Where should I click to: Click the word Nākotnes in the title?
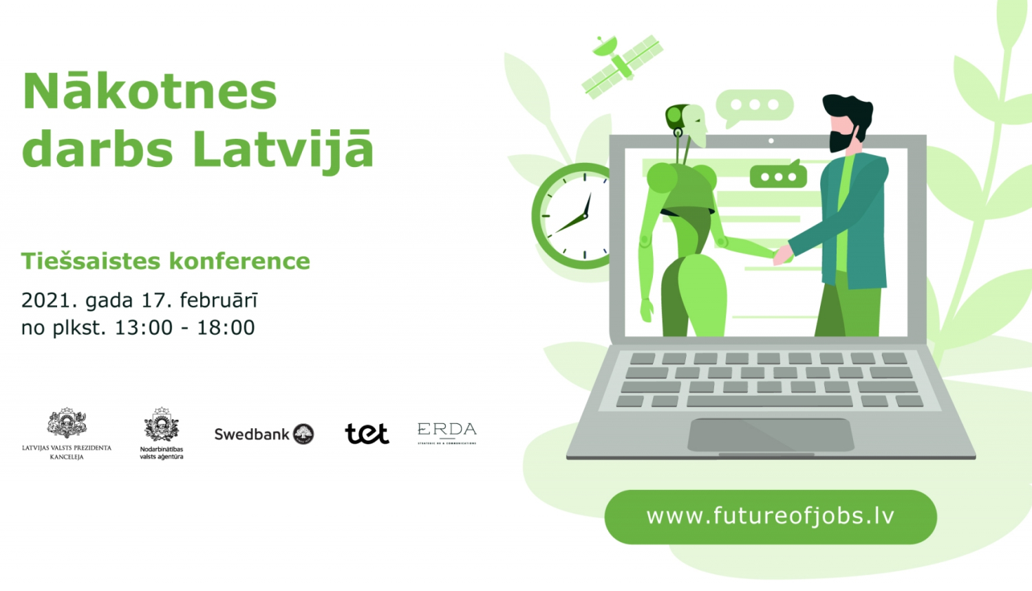pyautogui.click(x=150, y=91)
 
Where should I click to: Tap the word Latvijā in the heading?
pyautogui.click(x=283, y=149)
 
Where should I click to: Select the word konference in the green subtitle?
pyautogui.click(x=239, y=261)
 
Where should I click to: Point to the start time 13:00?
pyautogui.click(x=143, y=328)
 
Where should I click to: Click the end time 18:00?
pyautogui.click(x=226, y=328)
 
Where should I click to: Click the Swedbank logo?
pyautogui.click(x=264, y=434)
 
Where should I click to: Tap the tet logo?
pyautogui.click(x=367, y=434)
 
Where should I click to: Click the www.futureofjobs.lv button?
pyautogui.click(x=771, y=517)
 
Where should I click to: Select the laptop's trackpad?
pyautogui.click(x=771, y=435)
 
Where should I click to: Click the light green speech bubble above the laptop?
pyautogui.click(x=755, y=106)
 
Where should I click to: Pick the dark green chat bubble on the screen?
pyautogui.click(x=778, y=176)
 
